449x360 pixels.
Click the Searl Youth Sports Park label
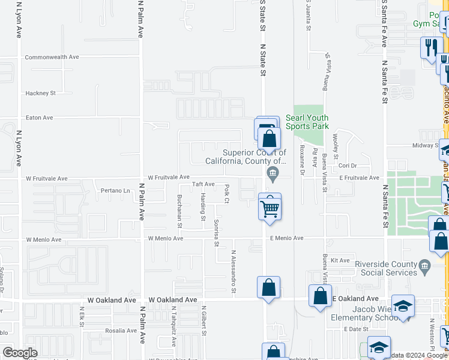tap(307, 122)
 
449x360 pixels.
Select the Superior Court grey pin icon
tap(273, 175)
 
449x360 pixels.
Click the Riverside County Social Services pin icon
tap(425, 265)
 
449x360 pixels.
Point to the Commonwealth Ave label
tap(52, 57)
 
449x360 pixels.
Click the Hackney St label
tap(40, 93)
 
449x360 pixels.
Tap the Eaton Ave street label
tap(39, 118)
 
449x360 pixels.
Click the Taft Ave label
tap(203, 184)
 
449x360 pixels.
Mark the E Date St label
tap(356, 329)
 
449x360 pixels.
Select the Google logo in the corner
tap(20, 353)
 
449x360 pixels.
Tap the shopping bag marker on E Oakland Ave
tap(320, 296)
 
